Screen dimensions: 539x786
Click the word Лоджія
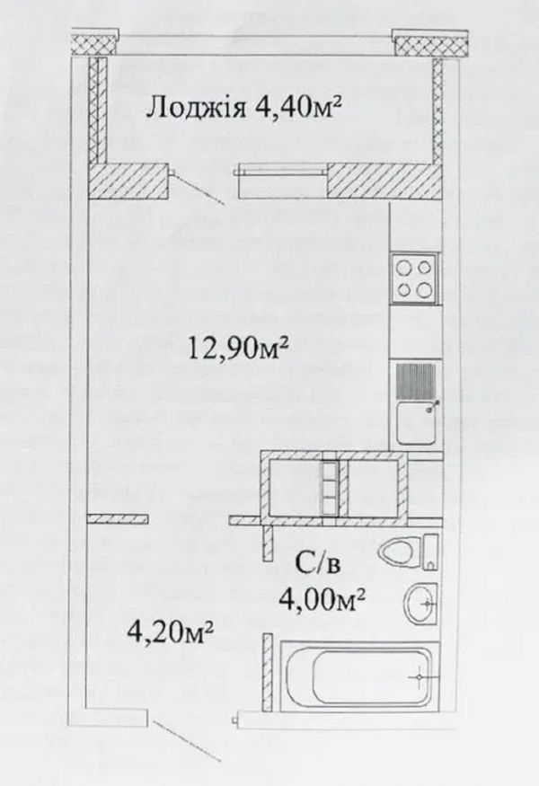[x=195, y=109]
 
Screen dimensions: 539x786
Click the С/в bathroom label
[x=317, y=565]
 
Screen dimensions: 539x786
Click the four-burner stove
[x=415, y=278]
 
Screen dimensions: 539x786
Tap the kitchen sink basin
[x=417, y=424]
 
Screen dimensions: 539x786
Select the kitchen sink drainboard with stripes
[x=416, y=382]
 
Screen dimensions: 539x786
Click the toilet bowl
[x=400, y=553]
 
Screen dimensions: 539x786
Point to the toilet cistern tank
[x=430, y=552]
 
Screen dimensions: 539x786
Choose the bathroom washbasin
[x=421, y=604]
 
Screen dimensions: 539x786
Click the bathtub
[x=359, y=676]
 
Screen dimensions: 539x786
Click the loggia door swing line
[x=199, y=190]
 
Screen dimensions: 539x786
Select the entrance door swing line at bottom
[x=187, y=741]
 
